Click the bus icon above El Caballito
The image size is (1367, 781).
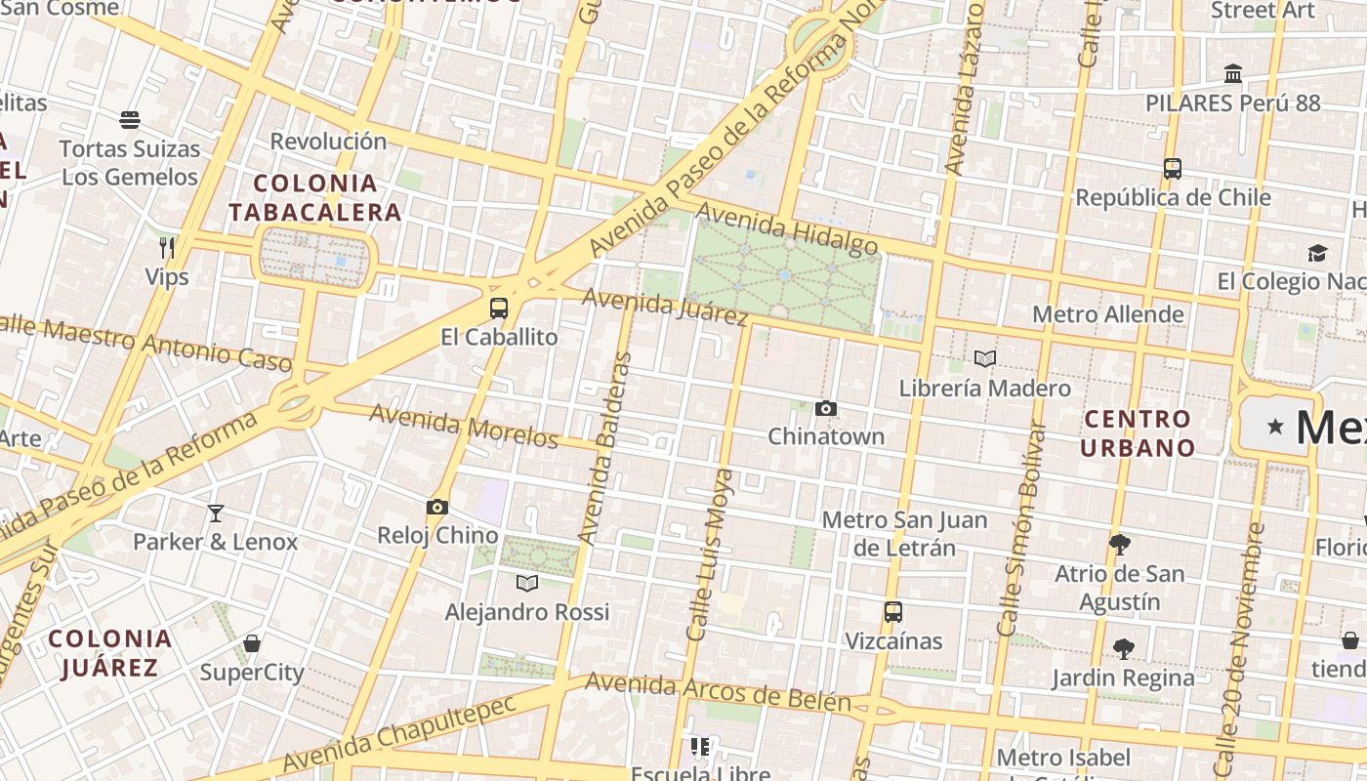(x=499, y=308)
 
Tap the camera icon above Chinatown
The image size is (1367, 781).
(x=826, y=408)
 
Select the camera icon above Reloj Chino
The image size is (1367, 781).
(x=437, y=507)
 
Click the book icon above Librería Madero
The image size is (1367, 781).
(x=985, y=359)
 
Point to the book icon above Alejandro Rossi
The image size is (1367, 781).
(x=527, y=583)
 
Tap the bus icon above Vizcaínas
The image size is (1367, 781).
(x=893, y=612)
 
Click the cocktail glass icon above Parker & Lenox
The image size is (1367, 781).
(x=216, y=513)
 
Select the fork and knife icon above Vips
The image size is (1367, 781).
(x=167, y=248)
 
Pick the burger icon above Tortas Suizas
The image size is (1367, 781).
(x=130, y=120)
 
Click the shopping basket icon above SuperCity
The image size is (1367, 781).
(x=252, y=643)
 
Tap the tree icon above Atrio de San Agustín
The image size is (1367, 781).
(x=1120, y=545)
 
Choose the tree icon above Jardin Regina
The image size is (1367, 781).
(x=1123, y=648)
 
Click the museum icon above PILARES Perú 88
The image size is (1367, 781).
(x=1233, y=74)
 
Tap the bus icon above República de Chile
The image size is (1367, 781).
(x=1173, y=168)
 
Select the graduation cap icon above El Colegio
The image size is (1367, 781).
(x=1317, y=253)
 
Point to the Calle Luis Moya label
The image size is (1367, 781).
(x=709, y=555)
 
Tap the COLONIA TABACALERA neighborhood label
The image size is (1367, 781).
(x=314, y=197)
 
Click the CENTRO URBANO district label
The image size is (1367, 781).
(x=1139, y=433)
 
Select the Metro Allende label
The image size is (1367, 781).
(x=1108, y=314)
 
